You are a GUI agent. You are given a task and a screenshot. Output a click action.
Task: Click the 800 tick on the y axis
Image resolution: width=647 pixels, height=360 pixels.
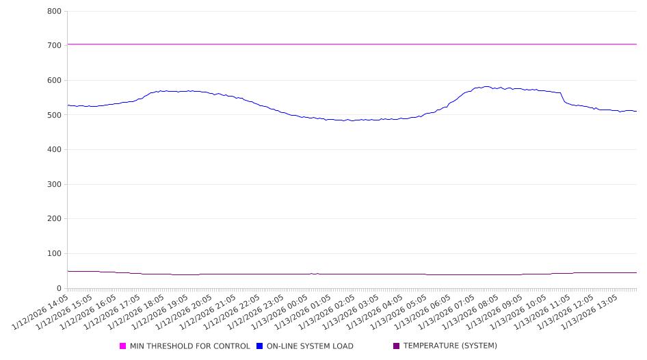(54, 12)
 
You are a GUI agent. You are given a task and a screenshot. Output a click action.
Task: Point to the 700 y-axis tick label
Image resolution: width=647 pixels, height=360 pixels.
(54, 46)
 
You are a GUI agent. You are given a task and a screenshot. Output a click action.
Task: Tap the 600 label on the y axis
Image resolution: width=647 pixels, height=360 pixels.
(54, 81)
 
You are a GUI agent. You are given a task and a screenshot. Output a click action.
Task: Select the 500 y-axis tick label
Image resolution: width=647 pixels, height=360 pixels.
(54, 115)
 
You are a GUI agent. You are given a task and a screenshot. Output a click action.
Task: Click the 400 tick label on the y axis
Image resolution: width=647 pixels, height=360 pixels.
(54, 150)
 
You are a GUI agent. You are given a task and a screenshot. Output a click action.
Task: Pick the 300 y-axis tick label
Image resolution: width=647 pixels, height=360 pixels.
(54, 185)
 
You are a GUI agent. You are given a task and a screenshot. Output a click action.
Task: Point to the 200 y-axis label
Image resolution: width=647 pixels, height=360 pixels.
(54, 219)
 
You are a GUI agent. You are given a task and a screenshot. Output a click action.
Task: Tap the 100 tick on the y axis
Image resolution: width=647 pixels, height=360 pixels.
(54, 254)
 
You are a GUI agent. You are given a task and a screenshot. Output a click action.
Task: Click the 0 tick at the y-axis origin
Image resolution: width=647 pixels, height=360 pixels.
(60, 289)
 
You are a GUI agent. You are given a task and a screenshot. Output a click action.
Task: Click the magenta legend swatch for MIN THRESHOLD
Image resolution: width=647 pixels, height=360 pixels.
(123, 346)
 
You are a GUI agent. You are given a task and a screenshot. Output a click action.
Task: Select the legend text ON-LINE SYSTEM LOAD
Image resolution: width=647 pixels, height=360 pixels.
(310, 346)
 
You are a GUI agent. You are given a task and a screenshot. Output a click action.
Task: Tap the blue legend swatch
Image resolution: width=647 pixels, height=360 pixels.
(260, 346)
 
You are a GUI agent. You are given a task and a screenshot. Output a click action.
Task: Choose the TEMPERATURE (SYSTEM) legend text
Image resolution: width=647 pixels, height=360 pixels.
(450, 346)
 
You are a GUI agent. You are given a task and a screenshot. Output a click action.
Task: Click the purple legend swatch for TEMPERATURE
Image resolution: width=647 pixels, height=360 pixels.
(397, 346)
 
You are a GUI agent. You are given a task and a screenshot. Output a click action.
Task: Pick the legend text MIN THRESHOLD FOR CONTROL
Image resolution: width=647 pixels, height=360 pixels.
(189, 346)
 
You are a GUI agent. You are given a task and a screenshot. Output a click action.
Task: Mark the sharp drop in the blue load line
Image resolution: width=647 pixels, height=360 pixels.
(563, 98)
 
